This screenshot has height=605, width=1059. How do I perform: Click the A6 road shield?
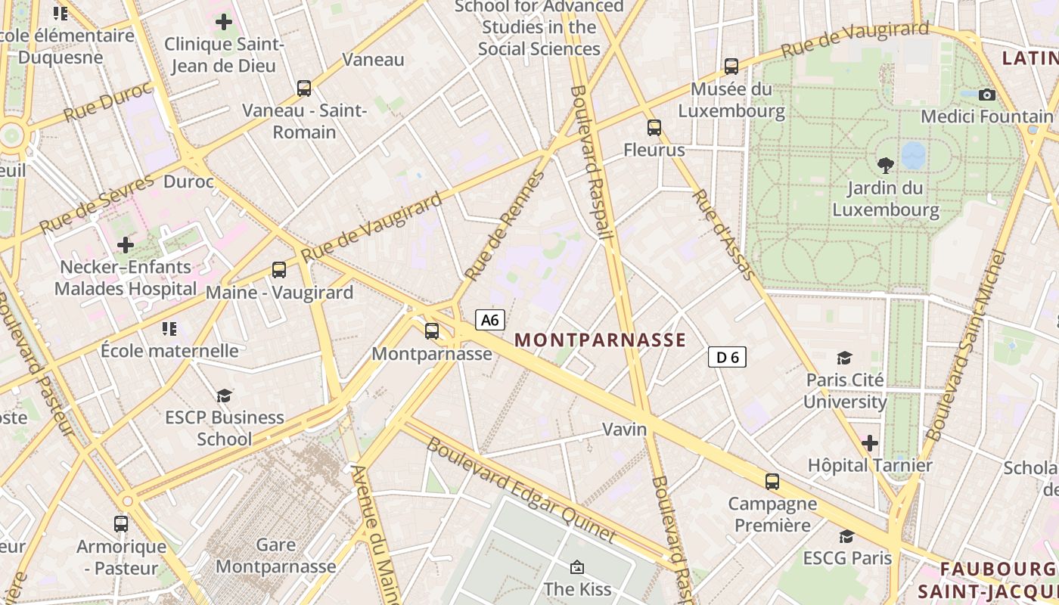point(490,320)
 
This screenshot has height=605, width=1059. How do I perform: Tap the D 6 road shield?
point(727,357)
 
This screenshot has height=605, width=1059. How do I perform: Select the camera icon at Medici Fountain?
point(986,95)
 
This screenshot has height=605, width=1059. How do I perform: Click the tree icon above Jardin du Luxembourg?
point(885,165)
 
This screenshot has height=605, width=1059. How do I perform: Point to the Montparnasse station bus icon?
point(432,330)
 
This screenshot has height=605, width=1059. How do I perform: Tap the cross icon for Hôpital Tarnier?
point(870,442)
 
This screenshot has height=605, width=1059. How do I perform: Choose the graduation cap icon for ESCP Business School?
point(224,396)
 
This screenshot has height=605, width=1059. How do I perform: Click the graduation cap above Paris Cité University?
point(844,358)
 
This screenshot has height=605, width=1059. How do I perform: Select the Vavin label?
point(625,430)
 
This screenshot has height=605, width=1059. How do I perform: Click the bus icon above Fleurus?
point(654,128)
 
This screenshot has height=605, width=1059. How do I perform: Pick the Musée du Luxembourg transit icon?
point(731,67)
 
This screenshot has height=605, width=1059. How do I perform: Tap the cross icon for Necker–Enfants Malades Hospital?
point(126,245)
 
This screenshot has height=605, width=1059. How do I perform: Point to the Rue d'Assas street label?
point(723,234)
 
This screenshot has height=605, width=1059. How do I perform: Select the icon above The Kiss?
point(577,566)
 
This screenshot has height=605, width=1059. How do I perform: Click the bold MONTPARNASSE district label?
point(600,340)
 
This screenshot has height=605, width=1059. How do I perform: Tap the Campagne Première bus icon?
point(772,481)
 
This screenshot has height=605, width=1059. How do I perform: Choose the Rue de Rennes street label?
point(505,226)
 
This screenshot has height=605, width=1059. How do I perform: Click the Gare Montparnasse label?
point(276,555)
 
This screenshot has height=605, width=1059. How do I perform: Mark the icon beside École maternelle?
point(169,328)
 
